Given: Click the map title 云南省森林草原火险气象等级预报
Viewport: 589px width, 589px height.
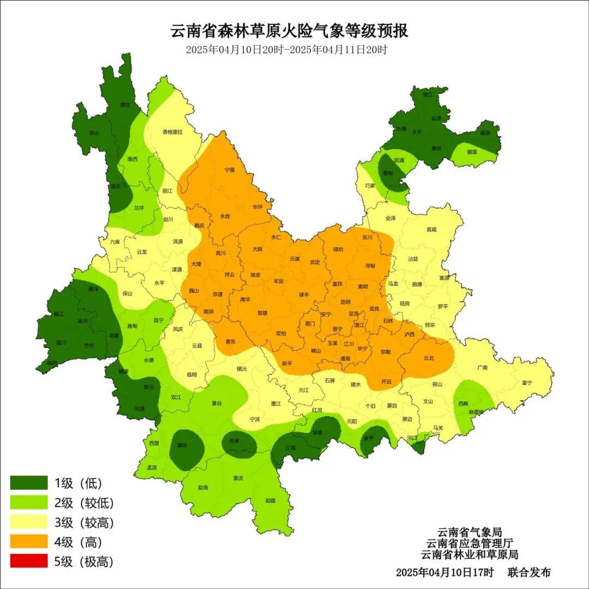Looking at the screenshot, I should [289, 31].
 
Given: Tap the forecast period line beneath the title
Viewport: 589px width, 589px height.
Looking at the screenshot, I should [286, 50].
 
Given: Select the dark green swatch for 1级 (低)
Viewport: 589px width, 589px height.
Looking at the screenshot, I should [29, 483].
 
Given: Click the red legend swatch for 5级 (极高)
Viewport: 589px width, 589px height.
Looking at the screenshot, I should [29, 561].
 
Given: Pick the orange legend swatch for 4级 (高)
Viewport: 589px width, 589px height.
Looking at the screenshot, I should [29, 542].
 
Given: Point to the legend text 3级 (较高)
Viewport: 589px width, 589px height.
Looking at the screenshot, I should [84, 522].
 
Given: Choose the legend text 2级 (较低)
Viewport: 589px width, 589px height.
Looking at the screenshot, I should [84, 503].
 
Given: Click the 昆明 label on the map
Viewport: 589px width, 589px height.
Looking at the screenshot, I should [345, 301].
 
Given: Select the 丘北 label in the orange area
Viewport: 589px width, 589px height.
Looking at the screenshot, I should [429, 358].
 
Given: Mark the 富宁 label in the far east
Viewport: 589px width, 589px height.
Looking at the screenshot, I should [526, 382].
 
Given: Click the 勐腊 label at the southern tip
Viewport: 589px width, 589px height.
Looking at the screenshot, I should [271, 500].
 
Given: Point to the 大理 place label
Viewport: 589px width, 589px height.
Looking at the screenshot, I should [196, 264].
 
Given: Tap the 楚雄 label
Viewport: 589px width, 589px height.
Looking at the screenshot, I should [262, 313].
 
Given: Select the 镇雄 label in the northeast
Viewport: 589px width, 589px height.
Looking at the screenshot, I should [473, 152].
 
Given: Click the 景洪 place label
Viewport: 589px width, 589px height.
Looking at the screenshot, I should [238, 478].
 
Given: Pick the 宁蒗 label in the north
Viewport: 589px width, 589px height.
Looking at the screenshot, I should [229, 170].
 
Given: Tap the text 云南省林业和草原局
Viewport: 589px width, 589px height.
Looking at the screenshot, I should [469, 554].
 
